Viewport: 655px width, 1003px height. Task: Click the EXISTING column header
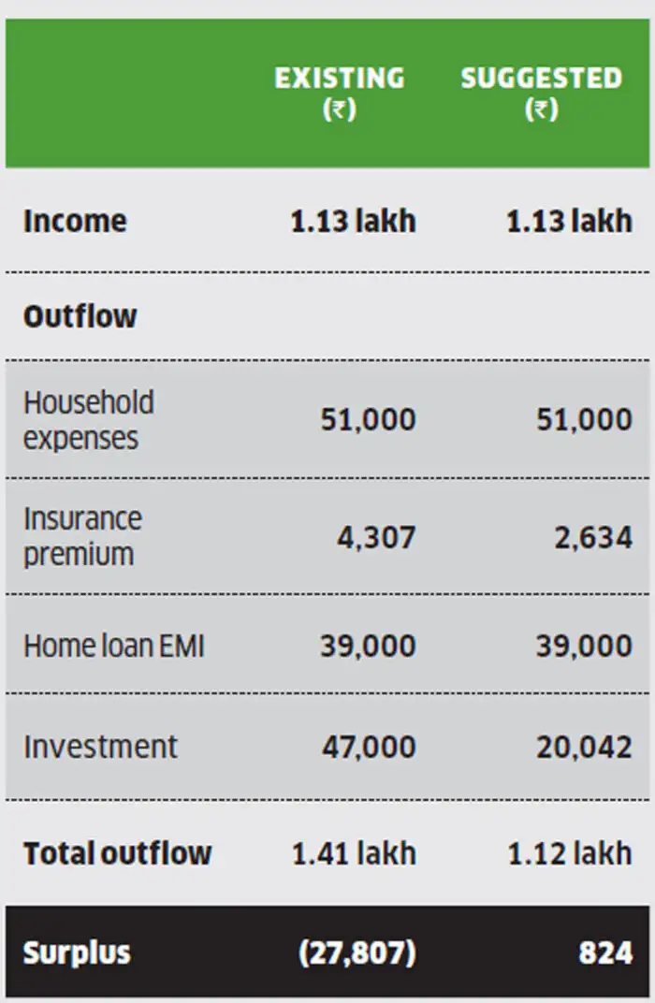coord(339,92)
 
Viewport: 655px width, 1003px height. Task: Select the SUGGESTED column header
coord(541,92)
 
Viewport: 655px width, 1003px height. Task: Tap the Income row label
coord(75,222)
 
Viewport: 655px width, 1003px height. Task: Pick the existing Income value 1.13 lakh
coord(353,222)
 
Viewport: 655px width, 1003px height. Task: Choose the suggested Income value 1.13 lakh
coord(569,222)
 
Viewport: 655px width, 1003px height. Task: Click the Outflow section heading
coord(80,316)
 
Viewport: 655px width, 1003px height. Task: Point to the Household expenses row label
coord(89,420)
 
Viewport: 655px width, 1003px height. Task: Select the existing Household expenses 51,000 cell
coord(368,420)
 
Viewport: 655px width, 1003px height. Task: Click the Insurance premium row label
coord(82,536)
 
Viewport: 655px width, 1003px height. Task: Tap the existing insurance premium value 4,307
coord(376,538)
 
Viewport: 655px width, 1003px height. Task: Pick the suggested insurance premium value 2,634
coord(592,538)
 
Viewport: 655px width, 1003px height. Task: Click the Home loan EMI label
coord(113,646)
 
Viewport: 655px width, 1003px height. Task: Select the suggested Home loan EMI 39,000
coord(584,646)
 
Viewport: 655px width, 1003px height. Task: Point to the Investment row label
coord(100,747)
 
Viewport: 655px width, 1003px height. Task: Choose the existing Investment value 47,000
coord(369,747)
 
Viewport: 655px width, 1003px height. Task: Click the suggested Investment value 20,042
coord(584,747)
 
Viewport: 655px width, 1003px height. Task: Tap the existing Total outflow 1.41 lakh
coord(354,853)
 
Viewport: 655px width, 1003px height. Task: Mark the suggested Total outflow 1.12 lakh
coord(569,853)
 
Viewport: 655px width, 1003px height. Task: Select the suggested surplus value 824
coord(605,953)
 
